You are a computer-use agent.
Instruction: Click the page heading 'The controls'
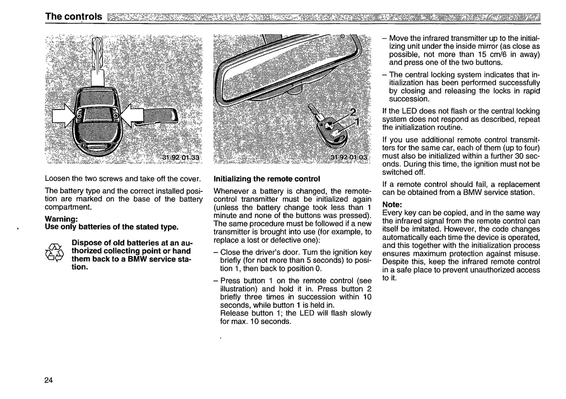point(74,16)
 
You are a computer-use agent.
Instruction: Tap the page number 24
point(49,380)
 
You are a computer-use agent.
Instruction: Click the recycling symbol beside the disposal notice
point(54,253)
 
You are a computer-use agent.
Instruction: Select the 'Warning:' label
point(61,218)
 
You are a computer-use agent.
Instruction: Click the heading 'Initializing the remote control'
point(266,179)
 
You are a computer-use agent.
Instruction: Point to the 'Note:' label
point(392,204)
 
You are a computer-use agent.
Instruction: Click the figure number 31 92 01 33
point(181,158)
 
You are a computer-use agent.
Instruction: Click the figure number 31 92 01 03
point(349,157)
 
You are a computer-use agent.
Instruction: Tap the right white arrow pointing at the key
point(133,116)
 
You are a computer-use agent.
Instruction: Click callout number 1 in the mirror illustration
point(356,122)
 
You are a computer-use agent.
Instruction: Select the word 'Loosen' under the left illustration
point(57,179)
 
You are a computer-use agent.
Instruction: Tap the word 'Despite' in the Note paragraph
point(395,262)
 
